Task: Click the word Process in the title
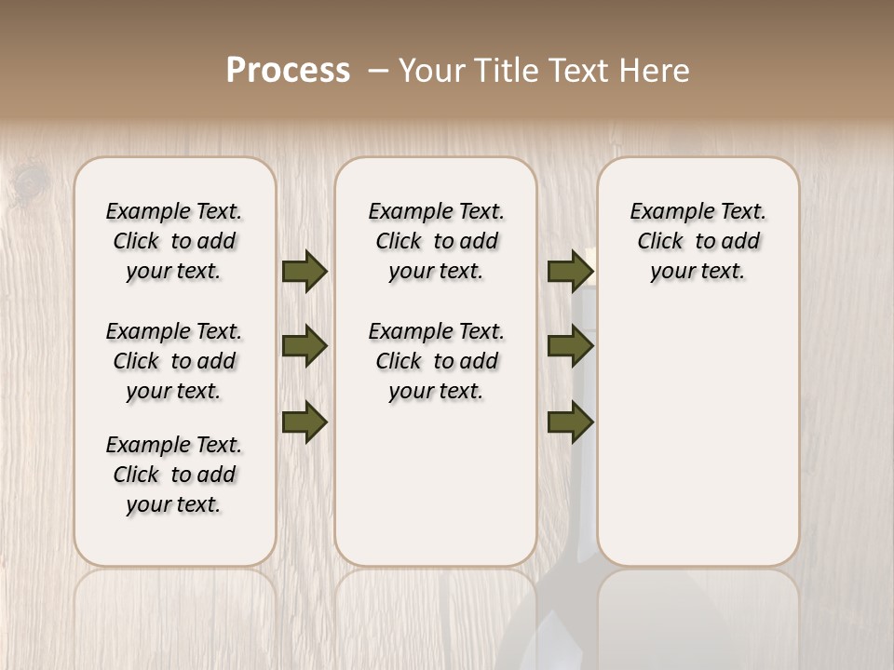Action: tap(288, 71)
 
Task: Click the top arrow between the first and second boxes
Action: tap(305, 271)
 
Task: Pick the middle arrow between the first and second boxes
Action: tap(305, 346)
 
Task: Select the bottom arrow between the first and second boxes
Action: tap(305, 422)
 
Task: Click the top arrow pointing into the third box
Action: tap(570, 271)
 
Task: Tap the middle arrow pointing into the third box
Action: tap(570, 346)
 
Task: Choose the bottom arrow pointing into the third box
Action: tap(570, 422)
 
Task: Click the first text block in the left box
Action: tap(174, 241)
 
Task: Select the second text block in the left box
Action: tap(174, 361)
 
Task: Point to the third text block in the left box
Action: tap(174, 475)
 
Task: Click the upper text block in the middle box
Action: tap(436, 241)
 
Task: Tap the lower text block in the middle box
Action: tap(436, 361)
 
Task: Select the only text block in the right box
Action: tap(698, 241)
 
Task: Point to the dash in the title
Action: tap(378, 72)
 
